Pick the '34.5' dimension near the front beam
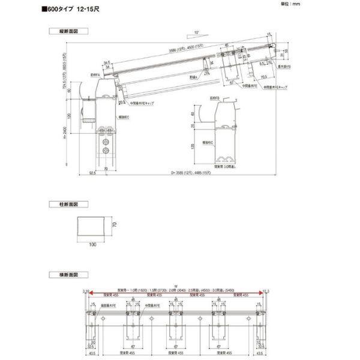tap(106, 61)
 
